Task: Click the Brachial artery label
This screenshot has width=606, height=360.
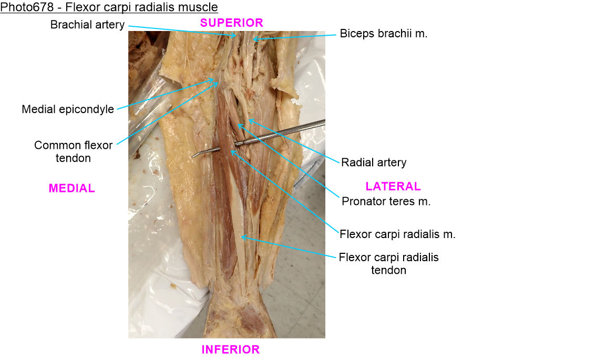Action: (x=87, y=25)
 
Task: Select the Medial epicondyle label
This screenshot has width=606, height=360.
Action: (x=68, y=110)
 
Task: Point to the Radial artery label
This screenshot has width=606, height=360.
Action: (x=374, y=162)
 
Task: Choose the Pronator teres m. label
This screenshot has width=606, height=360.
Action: (x=386, y=201)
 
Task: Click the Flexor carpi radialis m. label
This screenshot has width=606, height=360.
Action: (x=397, y=234)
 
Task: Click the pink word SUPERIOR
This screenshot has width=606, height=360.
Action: (x=232, y=23)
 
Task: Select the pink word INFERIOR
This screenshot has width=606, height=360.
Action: (x=231, y=349)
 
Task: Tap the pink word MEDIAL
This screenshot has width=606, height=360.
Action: (x=72, y=188)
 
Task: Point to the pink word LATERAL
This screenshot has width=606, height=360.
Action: (x=393, y=186)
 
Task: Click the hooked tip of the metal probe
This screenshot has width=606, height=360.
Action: (x=193, y=155)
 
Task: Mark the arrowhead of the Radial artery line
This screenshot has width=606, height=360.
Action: (x=249, y=120)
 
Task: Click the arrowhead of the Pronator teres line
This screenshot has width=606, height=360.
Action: (x=238, y=124)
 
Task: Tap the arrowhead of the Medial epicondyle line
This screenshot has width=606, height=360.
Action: (x=216, y=80)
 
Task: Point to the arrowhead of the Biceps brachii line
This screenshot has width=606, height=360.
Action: (x=253, y=38)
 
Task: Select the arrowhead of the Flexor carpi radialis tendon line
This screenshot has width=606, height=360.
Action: (x=241, y=238)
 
